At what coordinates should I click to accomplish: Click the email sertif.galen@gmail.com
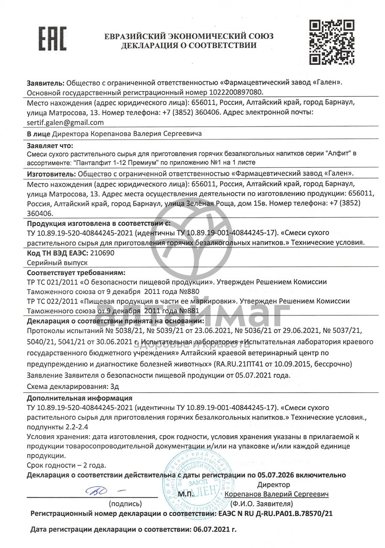pyautogui.click(x=65, y=122)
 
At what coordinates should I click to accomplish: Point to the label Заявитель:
pyautogui.click(x=45, y=82)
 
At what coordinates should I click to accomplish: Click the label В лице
pyautogui.click(x=38, y=134)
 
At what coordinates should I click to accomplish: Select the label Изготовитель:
pyautogui.click(x=51, y=173)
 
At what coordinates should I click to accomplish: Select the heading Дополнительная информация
pyautogui.click(x=80, y=398)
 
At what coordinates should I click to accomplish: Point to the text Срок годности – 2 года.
pyautogui.click(x=66, y=465)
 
